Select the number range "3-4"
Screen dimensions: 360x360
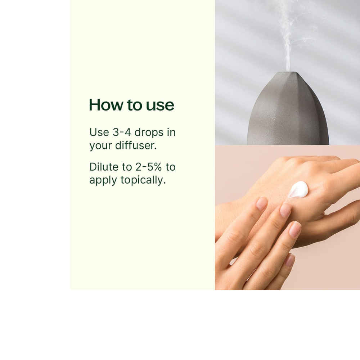122,132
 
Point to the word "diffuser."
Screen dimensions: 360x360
136,145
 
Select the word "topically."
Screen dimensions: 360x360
143,180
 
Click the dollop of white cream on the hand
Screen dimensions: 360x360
298,190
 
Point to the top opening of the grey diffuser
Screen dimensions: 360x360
288,73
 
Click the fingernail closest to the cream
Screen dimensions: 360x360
285,211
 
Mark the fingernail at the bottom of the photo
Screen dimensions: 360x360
290,260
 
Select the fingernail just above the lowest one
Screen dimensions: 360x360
295,229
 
